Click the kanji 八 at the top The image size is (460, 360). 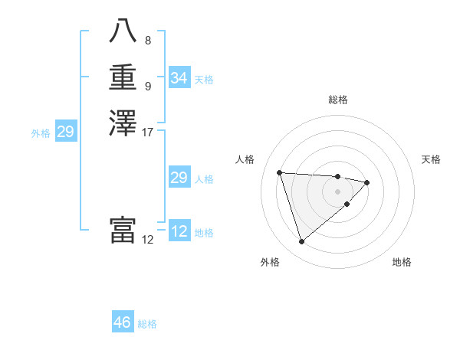tap(123, 31)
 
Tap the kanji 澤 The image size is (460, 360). tap(123, 123)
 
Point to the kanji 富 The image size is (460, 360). tap(123, 230)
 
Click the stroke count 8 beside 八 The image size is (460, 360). tap(148, 40)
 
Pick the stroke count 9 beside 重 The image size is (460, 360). tap(148, 86)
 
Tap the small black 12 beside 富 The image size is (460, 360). tap(148, 240)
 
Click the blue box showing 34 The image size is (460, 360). tap(179, 78)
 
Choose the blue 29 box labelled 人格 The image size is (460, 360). tap(179, 178)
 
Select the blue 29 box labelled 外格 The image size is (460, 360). tap(66, 132)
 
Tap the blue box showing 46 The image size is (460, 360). tap(123, 322)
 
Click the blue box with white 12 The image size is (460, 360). tap(179, 231)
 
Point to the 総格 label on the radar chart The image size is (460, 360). tap(338, 100)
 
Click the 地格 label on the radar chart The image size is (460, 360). tap(402, 262)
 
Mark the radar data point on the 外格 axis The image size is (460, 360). tap(302, 242)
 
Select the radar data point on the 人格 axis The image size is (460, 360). tap(280, 172)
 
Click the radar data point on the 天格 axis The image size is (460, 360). tap(367, 182)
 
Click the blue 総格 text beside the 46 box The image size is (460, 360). tap(147, 324)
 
